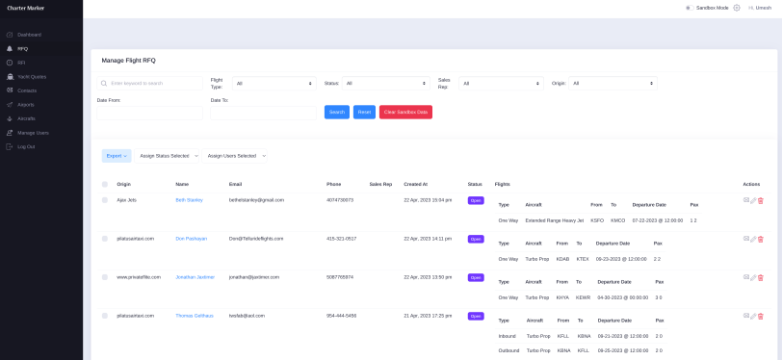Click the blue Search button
coord(336,113)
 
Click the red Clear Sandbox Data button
coord(405,113)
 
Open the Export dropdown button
coord(116,155)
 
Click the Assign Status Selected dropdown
coord(169,155)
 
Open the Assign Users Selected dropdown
coord(236,155)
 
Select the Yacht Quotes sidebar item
coord(32,76)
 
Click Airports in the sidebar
coord(26,104)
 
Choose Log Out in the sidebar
coord(26,146)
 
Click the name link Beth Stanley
coord(189,200)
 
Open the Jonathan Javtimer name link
coord(195,277)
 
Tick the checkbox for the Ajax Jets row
coord(105,200)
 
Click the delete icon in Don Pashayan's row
coord(761,239)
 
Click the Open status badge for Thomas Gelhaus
coord(476,316)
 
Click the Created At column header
coord(415,184)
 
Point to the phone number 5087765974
coord(340,277)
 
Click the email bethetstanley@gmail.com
coord(256,200)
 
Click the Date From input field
coord(149,113)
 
